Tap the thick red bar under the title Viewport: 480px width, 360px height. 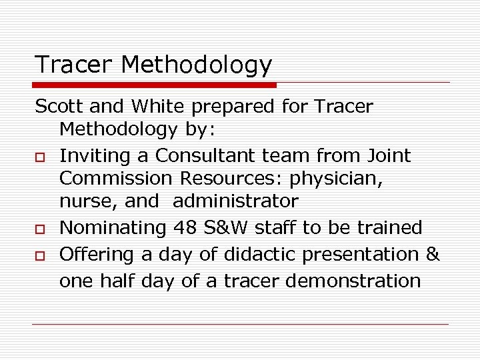coord(155,85)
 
